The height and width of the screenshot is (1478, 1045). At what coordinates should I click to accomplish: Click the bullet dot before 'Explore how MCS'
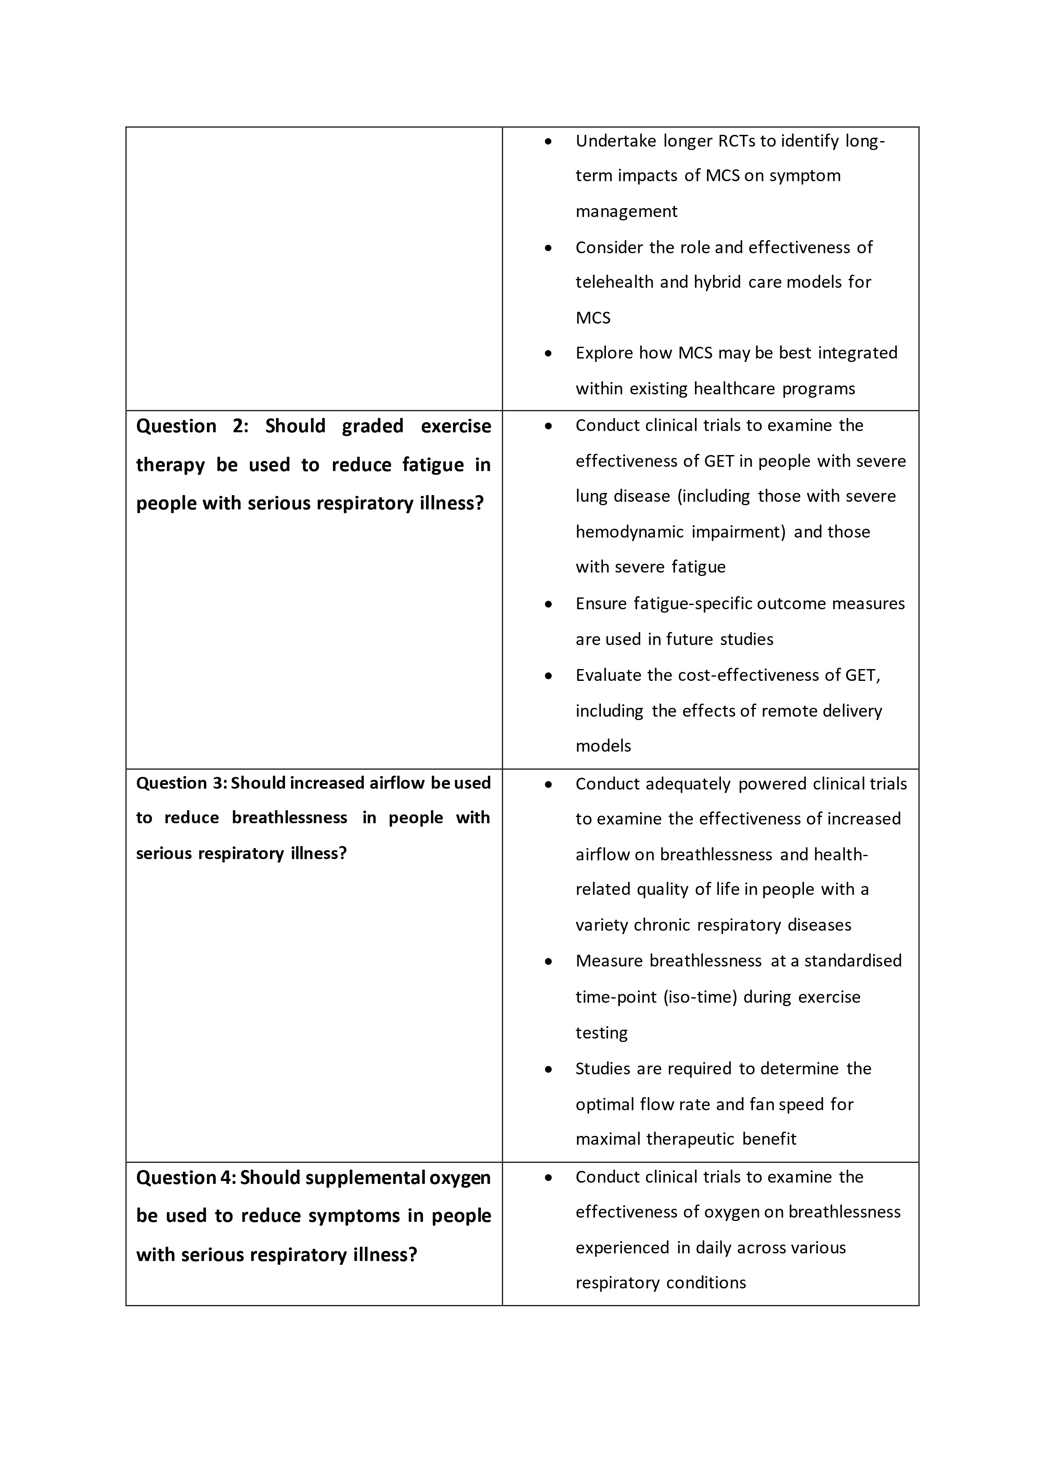(x=548, y=353)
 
